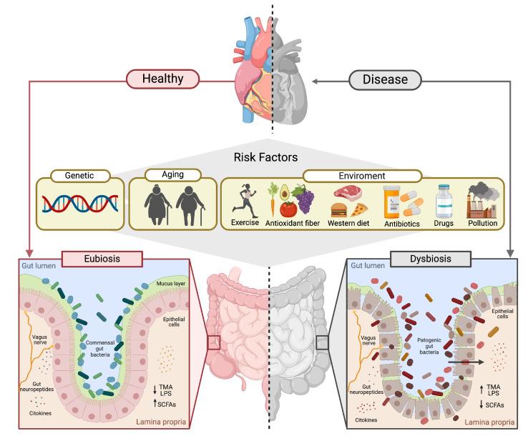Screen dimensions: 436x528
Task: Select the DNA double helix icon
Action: (x=80, y=204)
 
